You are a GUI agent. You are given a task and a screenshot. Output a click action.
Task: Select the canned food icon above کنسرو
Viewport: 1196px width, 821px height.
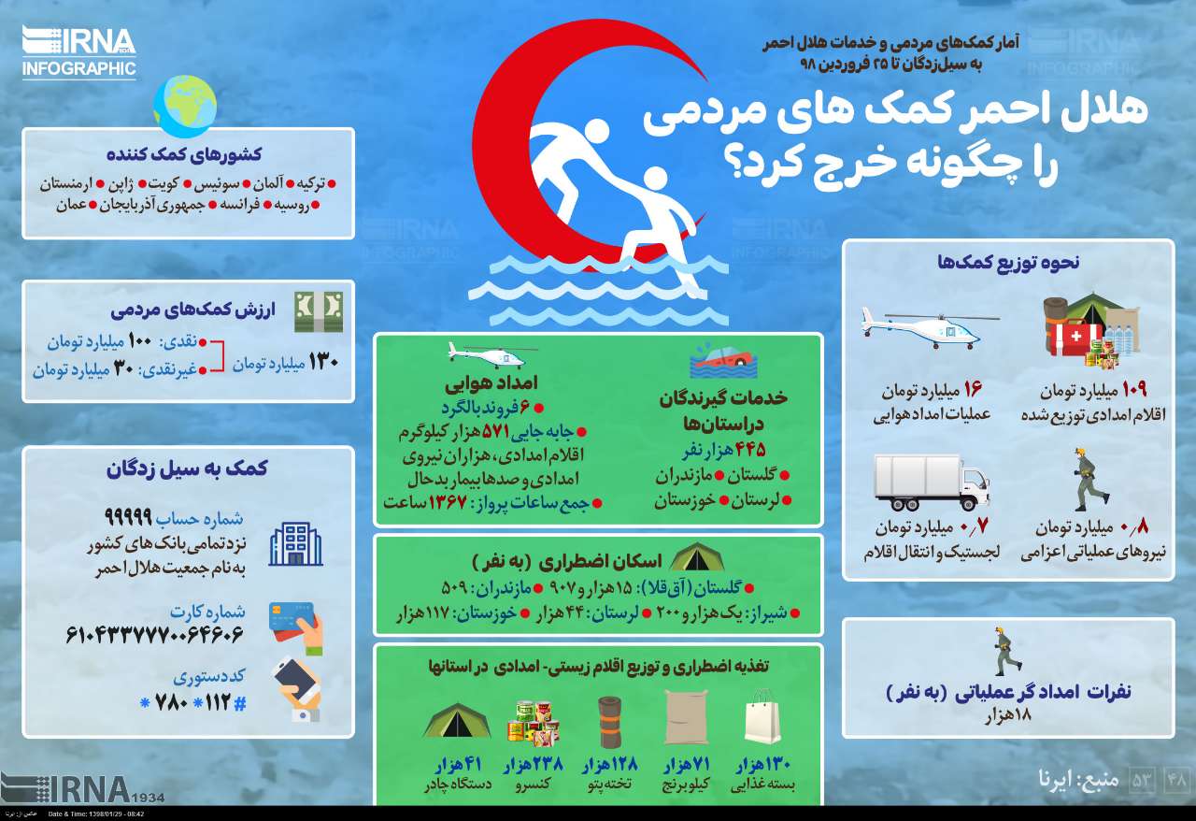click(x=532, y=721)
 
